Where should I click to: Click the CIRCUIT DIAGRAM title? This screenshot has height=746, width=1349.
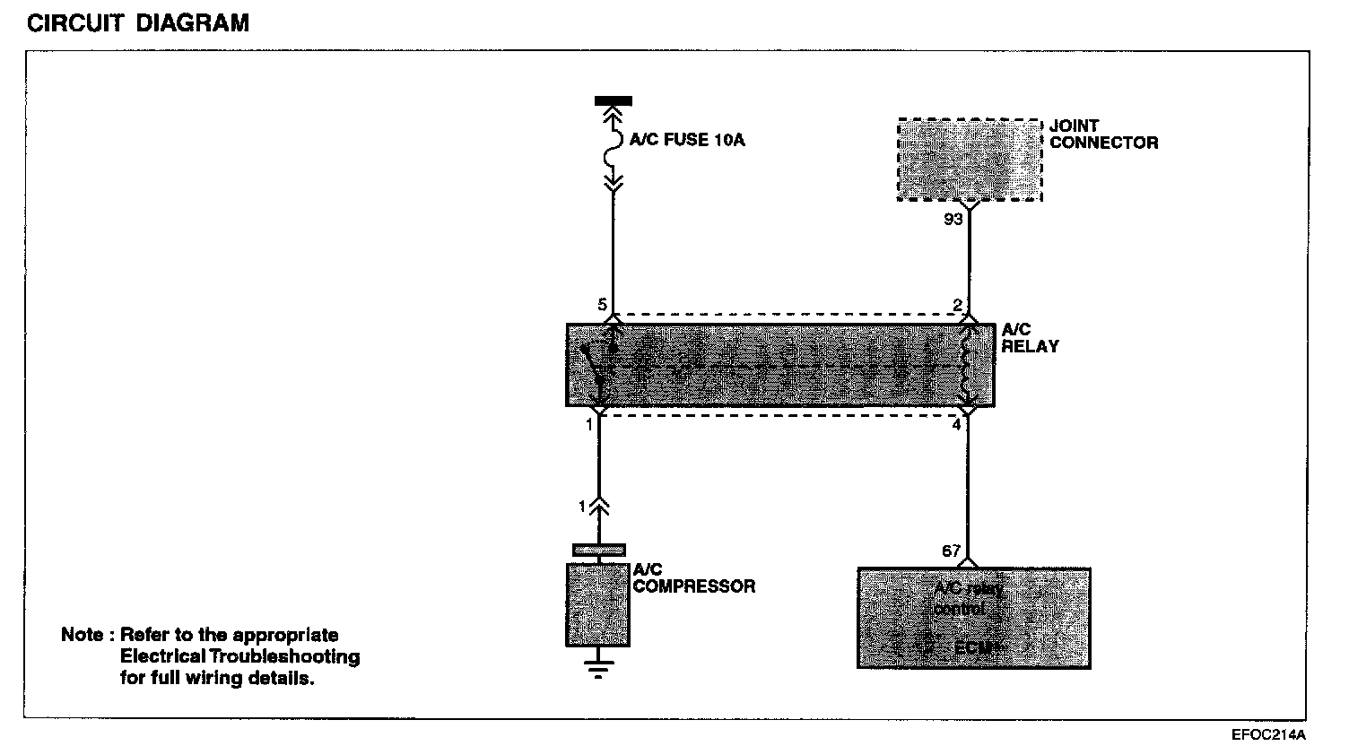[138, 23]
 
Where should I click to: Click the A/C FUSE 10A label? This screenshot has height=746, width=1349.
[687, 141]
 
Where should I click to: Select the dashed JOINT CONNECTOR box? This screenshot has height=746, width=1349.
[970, 159]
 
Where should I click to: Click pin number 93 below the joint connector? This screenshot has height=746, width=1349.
[953, 218]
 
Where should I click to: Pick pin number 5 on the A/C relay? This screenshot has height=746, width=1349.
[601, 306]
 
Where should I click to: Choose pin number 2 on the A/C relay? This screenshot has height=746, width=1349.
[958, 306]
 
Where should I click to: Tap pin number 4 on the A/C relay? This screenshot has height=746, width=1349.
[956, 424]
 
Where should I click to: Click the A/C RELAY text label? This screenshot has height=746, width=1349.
[1029, 339]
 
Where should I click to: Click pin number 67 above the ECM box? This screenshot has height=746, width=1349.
[952, 551]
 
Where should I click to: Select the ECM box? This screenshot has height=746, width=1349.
[973, 618]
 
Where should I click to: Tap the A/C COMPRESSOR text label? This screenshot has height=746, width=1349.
[693, 578]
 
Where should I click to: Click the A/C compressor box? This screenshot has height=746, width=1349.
[597, 604]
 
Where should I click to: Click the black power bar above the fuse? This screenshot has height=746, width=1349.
[614, 101]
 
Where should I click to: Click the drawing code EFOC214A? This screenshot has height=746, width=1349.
[1267, 733]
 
